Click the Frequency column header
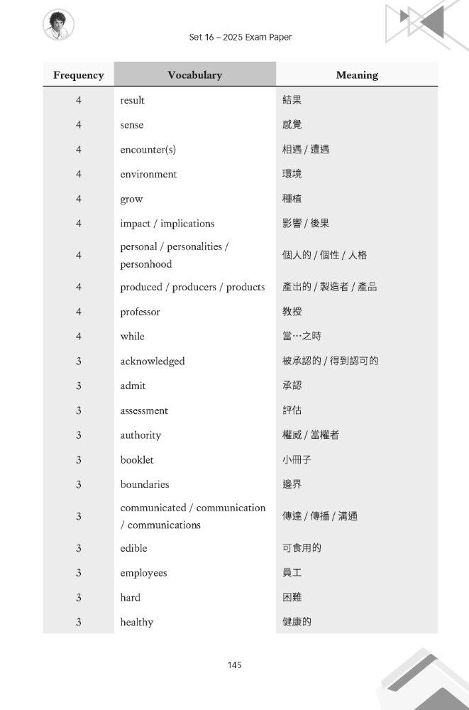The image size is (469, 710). (78, 75)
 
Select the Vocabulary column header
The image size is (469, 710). (194, 75)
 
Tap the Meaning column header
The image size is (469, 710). (357, 75)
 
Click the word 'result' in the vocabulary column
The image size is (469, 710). (133, 100)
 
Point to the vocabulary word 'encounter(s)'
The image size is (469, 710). (148, 149)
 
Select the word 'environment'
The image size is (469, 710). (148, 174)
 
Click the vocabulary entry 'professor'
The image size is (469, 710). (140, 312)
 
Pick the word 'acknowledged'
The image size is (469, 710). (152, 361)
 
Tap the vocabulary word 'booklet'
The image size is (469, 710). (137, 459)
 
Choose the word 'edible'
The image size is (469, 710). (134, 548)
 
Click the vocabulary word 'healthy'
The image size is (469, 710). (137, 622)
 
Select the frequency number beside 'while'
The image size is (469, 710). (78, 337)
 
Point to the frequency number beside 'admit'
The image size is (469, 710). (78, 386)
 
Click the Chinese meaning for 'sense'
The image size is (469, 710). (292, 125)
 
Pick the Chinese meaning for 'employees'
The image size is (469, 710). (292, 573)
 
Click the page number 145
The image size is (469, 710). (235, 665)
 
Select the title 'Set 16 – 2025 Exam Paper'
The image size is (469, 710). (241, 37)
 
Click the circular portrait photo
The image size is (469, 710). (59, 25)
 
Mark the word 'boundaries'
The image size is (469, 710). (145, 484)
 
